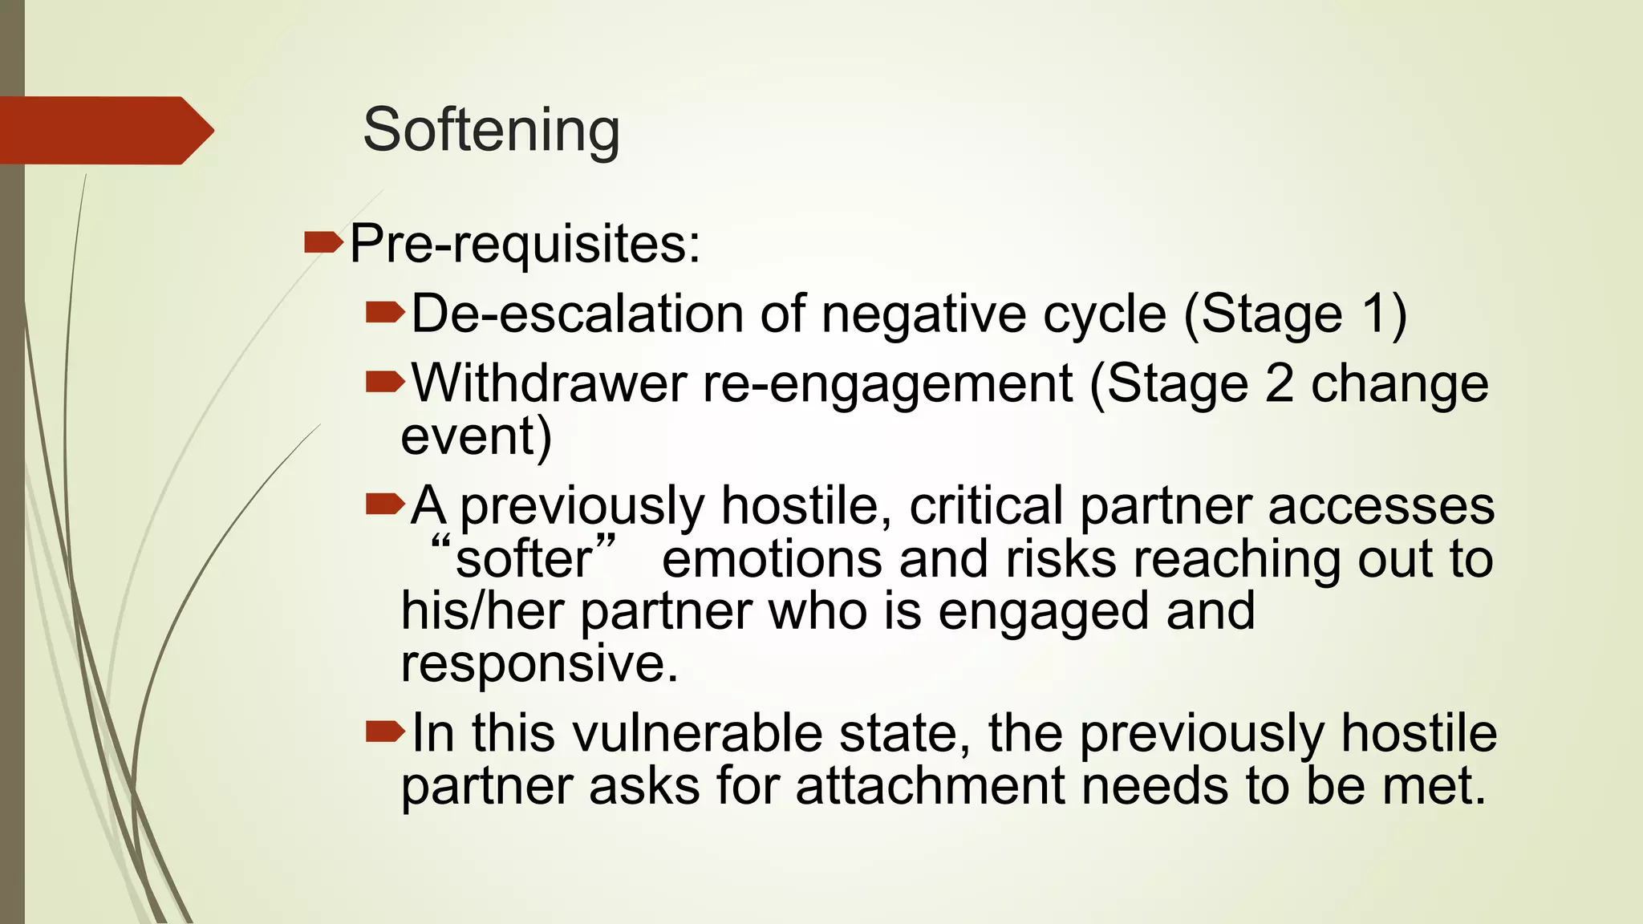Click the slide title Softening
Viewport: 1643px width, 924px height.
pyautogui.click(x=491, y=130)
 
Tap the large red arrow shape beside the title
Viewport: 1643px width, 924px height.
pyautogui.click(x=104, y=130)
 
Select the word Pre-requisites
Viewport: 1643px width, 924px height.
pyautogui.click(x=525, y=244)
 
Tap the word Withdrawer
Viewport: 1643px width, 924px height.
pyautogui.click(x=549, y=383)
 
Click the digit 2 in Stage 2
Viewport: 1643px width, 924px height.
pyautogui.click(x=1278, y=383)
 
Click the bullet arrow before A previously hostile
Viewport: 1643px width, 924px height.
pyautogui.click(x=385, y=505)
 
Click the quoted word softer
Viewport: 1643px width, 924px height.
pyautogui.click(x=523, y=559)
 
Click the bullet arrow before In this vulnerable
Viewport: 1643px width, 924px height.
pyautogui.click(x=385, y=731)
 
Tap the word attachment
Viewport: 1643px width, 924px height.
pyautogui.click(x=931, y=785)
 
